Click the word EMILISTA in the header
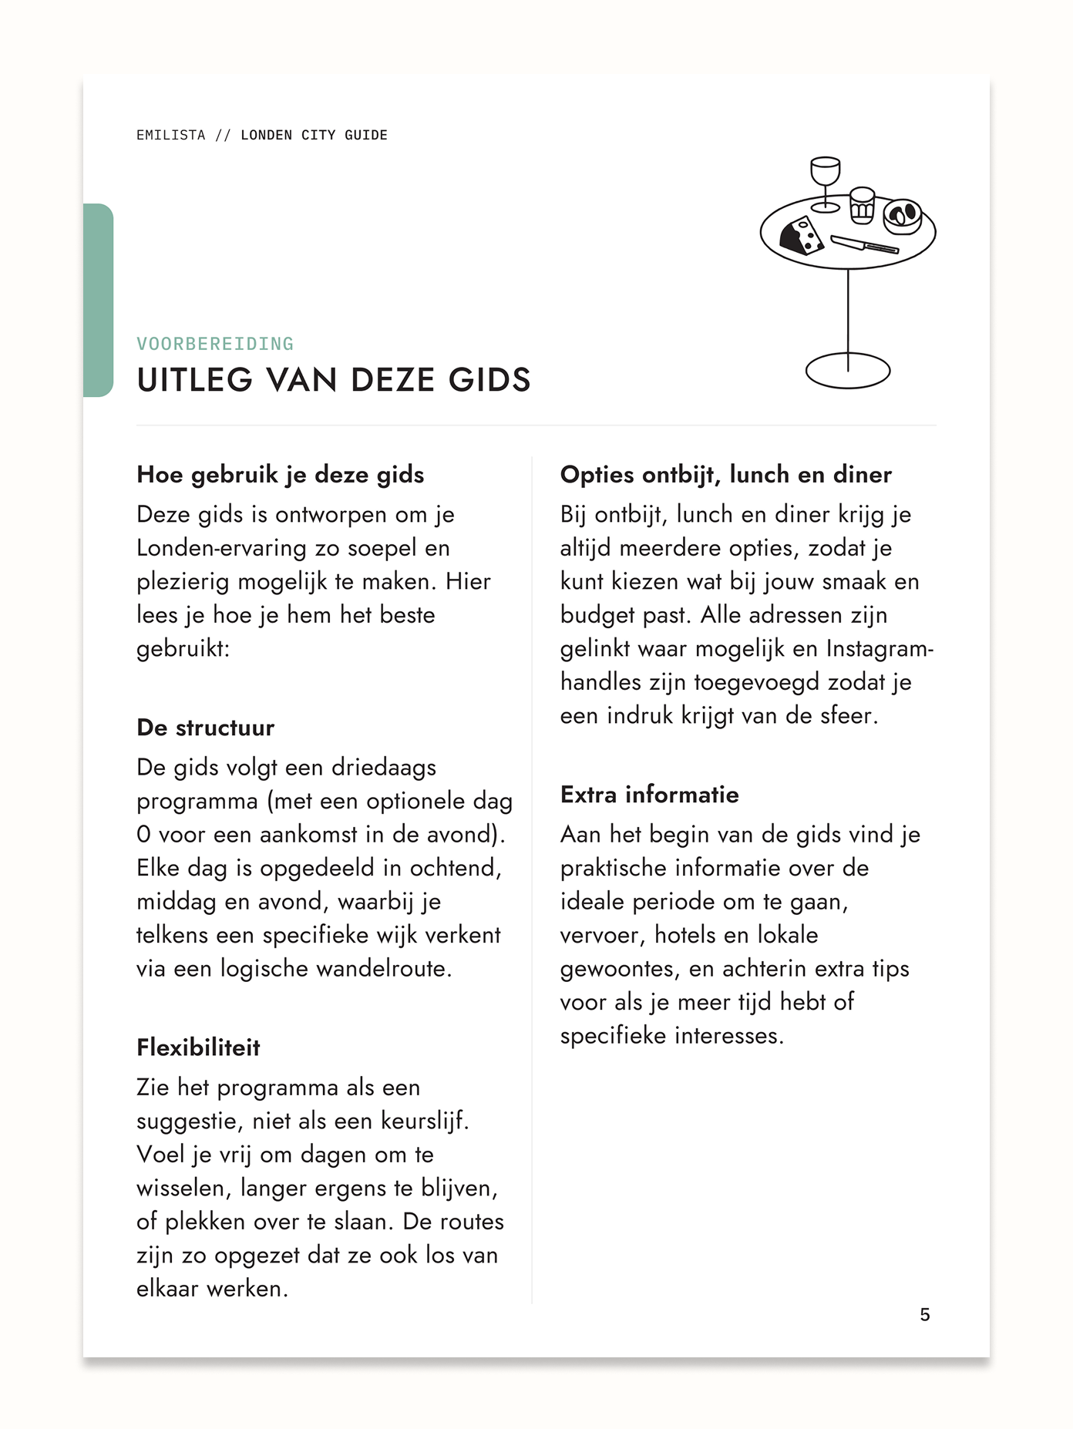[170, 135]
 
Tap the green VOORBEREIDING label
[215, 344]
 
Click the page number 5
[925, 1314]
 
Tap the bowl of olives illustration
[903, 216]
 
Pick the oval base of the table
[848, 371]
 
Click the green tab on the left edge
[98, 300]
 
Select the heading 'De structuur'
[205, 728]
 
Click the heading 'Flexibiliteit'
[198, 1047]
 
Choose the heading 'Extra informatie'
[649, 794]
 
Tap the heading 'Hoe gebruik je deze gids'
[280, 474]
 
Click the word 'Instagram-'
[880, 649]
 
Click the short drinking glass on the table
[862, 204]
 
